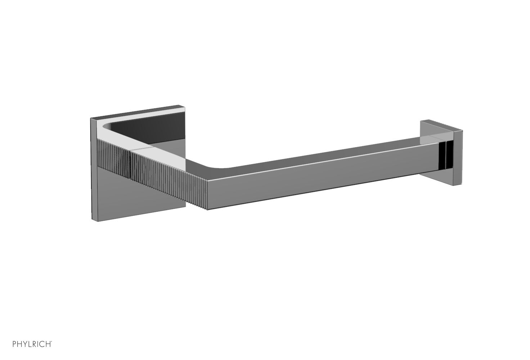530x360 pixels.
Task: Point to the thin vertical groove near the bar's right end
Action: point(445,155)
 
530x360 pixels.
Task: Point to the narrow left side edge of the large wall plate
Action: point(92,169)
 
